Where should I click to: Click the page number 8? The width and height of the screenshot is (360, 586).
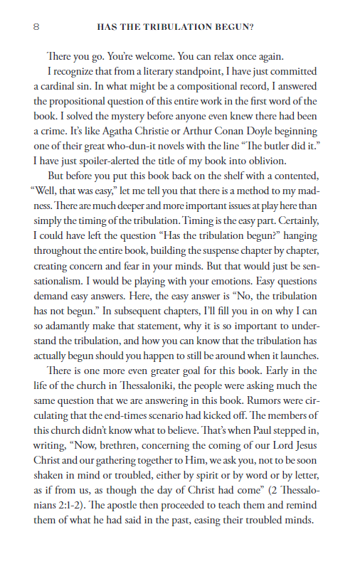pyautogui.click(x=36, y=28)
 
